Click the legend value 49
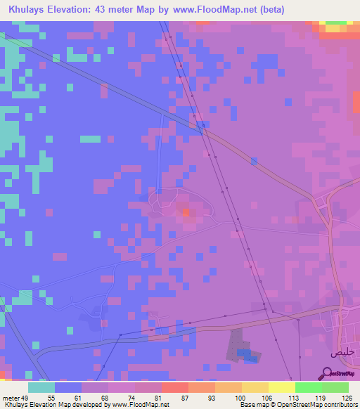(x=26, y=397)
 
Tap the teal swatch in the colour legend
(x=41, y=387)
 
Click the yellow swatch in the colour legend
(x=282, y=387)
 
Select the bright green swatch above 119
(x=309, y=387)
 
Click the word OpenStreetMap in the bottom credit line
(x=312, y=405)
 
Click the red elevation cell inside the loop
(x=185, y=211)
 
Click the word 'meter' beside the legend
(x=10, y=397)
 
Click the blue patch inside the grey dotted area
(x=243, y=352)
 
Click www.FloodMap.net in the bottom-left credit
(x=138, y=405)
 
